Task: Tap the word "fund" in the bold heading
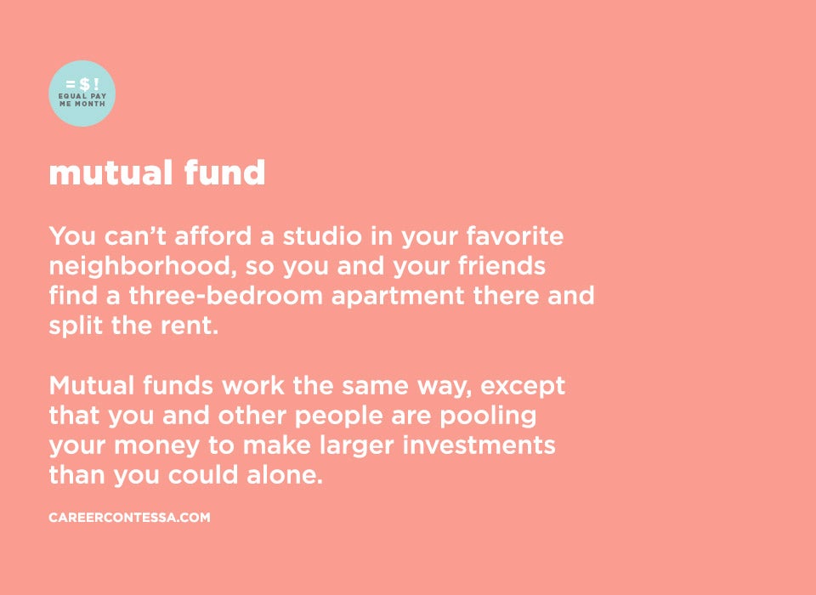tap(224, 172)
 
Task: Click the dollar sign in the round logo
tap(83, 84)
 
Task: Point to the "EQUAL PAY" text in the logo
tap(82, 96)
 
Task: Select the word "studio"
tap(322, 235)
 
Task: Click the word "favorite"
tap(515, 235)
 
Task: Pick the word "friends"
tap(501, 265)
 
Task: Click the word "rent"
tap(189, 326)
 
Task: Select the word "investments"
tap(479, 445)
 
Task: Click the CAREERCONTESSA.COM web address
tap(129, 518)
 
